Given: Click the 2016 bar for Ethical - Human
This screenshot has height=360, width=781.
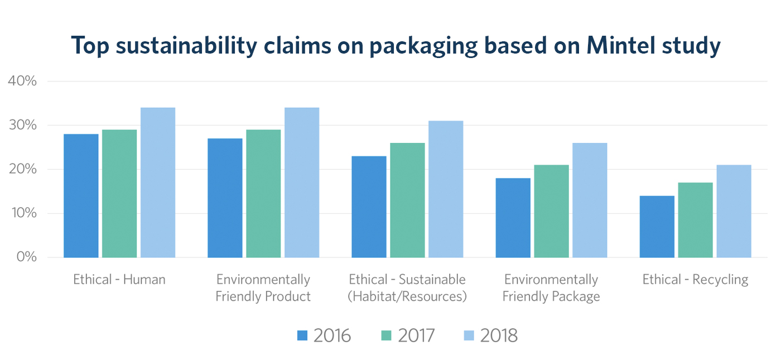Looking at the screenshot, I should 81,195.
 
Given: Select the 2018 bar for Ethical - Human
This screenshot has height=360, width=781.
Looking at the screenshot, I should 158,183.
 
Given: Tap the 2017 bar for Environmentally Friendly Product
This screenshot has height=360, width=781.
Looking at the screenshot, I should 263,193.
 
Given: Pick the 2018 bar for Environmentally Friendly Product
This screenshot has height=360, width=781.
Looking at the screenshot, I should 302,183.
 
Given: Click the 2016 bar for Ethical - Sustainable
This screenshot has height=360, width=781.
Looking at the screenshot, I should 369,207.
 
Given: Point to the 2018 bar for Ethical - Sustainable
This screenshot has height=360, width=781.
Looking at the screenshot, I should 446,189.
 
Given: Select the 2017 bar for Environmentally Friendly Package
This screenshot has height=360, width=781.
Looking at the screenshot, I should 551,211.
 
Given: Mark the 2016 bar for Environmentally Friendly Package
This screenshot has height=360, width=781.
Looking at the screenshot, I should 513,218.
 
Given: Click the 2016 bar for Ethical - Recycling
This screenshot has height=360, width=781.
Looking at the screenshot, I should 657,227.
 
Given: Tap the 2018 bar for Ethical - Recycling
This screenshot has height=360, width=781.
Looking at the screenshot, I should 734,211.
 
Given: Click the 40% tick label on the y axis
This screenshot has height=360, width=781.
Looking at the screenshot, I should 22,81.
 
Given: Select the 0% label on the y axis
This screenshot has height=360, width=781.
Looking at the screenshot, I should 26,257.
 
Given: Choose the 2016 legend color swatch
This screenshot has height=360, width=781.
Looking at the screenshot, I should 302,335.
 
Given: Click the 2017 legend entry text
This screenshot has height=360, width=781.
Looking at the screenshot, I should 416,335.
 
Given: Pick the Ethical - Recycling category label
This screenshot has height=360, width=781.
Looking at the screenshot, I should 695,279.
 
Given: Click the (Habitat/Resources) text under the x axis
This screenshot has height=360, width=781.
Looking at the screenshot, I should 407,296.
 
